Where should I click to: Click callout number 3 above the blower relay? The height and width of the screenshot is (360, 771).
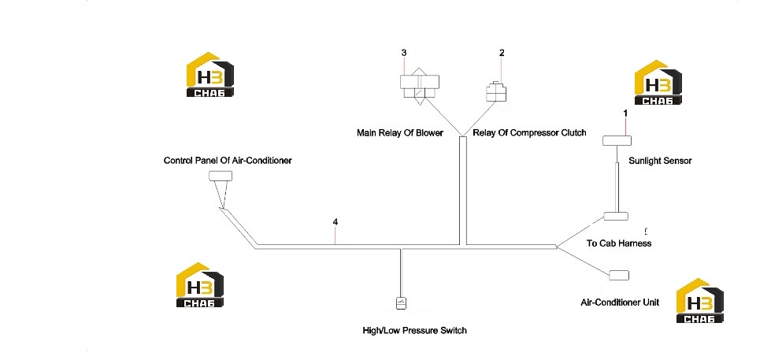click(404, 53)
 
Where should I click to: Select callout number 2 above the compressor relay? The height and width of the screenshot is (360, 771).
click(502, 53)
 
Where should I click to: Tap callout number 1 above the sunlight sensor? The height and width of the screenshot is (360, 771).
click(625, 113)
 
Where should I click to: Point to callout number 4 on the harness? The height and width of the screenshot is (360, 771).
click(335, 222)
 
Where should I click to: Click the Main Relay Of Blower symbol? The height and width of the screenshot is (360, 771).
click(420, 86)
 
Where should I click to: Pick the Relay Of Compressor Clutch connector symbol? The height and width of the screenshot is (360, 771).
click(496, 91)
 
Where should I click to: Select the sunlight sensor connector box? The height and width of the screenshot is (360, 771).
click(617, 141)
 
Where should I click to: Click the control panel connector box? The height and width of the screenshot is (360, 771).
click(221, 176)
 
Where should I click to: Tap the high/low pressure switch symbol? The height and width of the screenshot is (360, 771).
click(401, 303)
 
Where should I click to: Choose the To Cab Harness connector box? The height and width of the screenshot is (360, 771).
click(616, 217)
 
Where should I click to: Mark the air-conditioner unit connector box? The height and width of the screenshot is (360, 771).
click(618, 276)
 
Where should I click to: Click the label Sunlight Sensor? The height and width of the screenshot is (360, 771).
click(660, 161)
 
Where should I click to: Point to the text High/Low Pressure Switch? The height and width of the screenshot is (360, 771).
click(414, 331)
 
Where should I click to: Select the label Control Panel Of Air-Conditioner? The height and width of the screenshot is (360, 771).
click(228, 161)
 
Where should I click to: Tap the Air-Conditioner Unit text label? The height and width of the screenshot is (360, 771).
click(620, 302)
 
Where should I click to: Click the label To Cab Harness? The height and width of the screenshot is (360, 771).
click(619, 243)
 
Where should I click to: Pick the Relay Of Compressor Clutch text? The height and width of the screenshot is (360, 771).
click(529, 133)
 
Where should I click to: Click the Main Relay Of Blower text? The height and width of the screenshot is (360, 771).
click(400, 133)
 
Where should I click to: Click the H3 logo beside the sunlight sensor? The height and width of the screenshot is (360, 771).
click(658, 83)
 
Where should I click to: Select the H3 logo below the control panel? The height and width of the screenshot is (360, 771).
click(199, 284)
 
